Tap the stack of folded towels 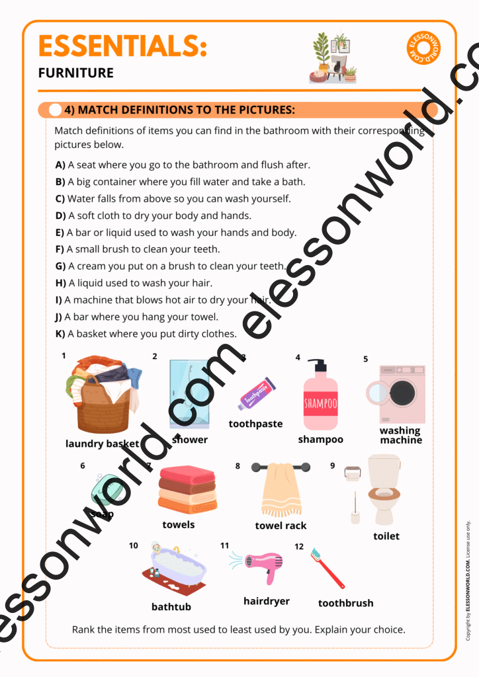188,489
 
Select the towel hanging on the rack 281,490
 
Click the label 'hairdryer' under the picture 267,601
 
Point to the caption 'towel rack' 281,526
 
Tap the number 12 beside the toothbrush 299,547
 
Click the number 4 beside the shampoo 298,358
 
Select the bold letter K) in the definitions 60,334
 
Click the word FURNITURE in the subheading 76,73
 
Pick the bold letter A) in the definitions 60,165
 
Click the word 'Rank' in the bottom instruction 84,629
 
